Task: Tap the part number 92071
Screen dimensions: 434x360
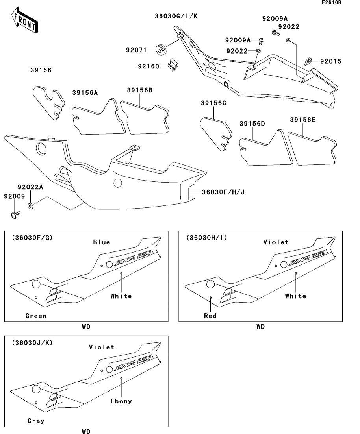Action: [136, 50]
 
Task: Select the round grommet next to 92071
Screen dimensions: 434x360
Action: [160, 50]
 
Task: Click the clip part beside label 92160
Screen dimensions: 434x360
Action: [173, 64]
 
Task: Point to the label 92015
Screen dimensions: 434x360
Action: [330, 61]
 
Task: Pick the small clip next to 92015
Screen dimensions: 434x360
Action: [308, 61]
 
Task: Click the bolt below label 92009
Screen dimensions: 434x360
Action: [15, 214]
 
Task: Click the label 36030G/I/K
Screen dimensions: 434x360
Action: [176, 16]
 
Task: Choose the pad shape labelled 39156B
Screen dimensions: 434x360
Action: [145, 116]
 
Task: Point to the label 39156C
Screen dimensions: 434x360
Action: [213, 103]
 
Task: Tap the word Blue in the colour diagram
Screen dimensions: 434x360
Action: [102, 242]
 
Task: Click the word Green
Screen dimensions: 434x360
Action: [36, 316]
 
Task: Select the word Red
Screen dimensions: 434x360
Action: [210, 316]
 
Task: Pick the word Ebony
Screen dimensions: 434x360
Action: [121, 401]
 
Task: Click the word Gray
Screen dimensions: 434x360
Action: [36, 421]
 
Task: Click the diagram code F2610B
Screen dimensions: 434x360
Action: [331, 3]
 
